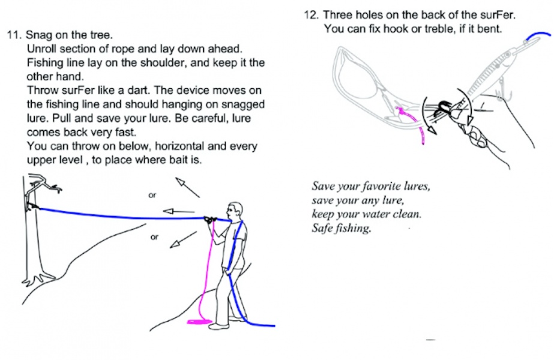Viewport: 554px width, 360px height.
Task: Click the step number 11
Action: coord(14,35)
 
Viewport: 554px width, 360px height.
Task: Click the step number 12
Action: coord(312,15)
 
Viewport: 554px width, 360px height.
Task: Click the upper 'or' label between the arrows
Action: coord(152,196)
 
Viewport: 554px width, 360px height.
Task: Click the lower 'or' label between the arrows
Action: coord(154,237)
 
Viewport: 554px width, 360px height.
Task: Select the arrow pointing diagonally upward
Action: coord(188,187)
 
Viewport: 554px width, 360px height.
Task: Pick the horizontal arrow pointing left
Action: coord(178,211)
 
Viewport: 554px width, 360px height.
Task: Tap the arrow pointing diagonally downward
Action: coord(183,240)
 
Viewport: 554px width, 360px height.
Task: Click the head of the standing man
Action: coord(235,211)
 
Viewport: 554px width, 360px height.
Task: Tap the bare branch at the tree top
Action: coord(44,184)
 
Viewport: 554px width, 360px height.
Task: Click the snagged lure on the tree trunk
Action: coord(33,206)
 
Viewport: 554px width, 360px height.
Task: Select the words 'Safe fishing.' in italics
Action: coord(342,228)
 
